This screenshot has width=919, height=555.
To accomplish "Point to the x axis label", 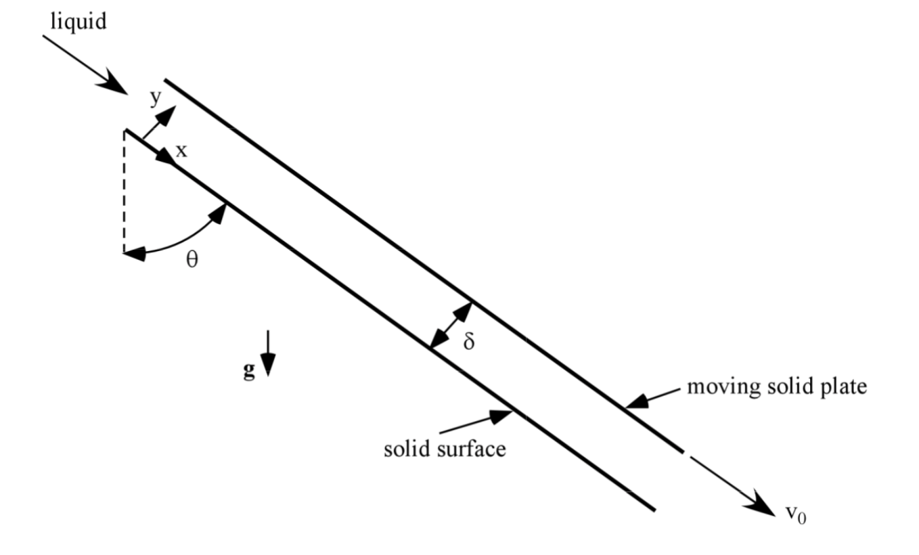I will (181, 150).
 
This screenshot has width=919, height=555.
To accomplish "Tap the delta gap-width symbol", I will (468, 341).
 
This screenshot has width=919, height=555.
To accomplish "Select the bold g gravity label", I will (250, 372).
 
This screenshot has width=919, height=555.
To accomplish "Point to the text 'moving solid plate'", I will (777, 388).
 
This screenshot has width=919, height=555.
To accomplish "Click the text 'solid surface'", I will (445, 448).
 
